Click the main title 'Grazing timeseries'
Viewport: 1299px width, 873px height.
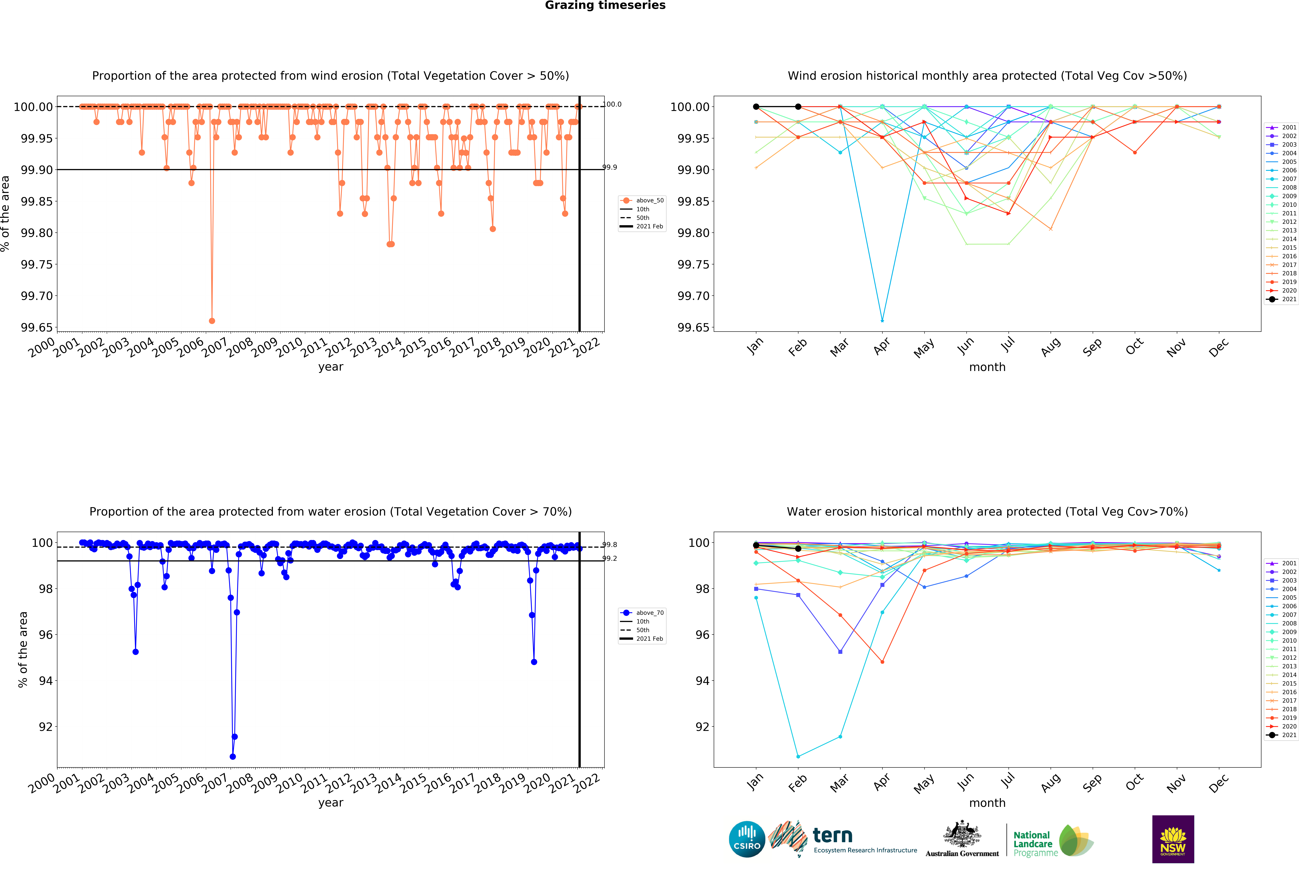(605, 6)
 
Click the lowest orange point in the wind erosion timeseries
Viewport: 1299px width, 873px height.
(212, 321)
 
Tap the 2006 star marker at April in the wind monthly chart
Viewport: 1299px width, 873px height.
(882, 321)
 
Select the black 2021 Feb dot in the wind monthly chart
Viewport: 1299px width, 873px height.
(798, 106)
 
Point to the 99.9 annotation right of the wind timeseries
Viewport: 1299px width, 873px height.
(610, 167)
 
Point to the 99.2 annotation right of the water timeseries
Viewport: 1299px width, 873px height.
(610, 558)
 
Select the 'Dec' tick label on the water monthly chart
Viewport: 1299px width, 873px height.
(1218, 783)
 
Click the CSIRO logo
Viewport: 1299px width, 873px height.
(747, 839)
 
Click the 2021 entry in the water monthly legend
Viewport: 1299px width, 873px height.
(1288, 735)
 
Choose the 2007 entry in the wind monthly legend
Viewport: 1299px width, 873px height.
(1288, 179)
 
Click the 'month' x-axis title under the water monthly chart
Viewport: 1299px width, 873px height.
(987, 803)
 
